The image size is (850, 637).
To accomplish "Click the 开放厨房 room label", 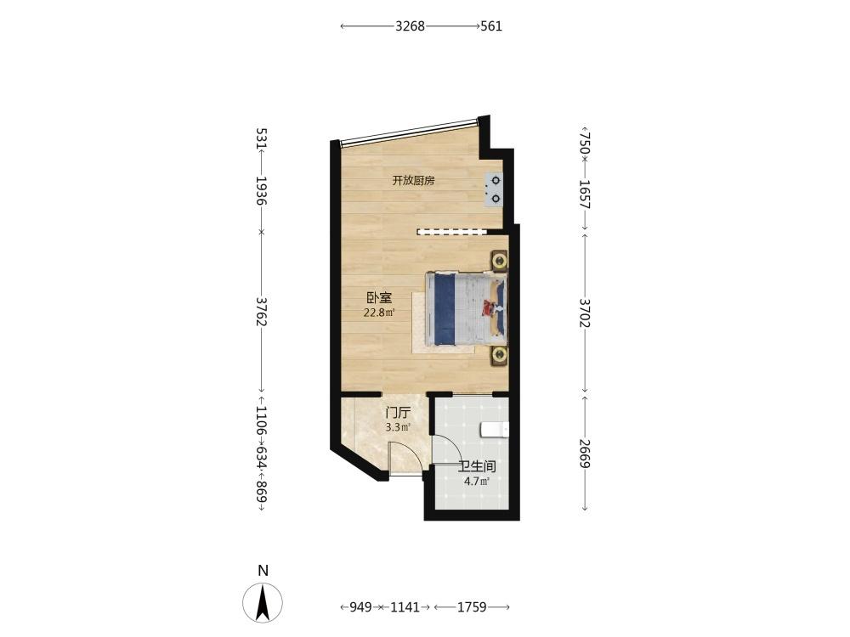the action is (x=413, y=181).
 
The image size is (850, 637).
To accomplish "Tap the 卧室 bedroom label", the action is (x=379, y=297).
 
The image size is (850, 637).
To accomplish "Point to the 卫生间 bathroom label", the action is (x=477, y=466).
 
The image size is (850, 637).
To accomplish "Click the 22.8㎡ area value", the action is (x=379, y=312).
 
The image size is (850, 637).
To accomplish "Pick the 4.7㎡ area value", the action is (x=477, y=481).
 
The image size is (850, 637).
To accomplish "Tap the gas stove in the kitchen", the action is (x=494, y=189).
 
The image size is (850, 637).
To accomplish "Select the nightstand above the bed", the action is (x=499, y=260).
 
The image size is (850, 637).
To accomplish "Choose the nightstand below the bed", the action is (x=499, y=356).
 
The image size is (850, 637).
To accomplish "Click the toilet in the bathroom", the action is (x=495, y=430).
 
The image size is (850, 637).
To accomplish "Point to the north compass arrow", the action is (x=263, y=602).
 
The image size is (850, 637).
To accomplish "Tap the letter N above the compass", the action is (x=263, y=571).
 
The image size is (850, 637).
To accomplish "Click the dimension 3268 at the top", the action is (x=410, y=26).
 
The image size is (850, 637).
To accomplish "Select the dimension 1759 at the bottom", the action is (x=472, y=607).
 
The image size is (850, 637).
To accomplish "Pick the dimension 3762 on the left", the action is (x=261, y=312).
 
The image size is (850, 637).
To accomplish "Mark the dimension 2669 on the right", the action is (x=585, y=453).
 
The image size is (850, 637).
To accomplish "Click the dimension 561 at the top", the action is (x=491, y=26).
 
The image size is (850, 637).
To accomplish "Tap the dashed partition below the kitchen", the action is (x=451, y=232).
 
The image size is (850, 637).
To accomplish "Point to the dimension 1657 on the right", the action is (x=585, y=194).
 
